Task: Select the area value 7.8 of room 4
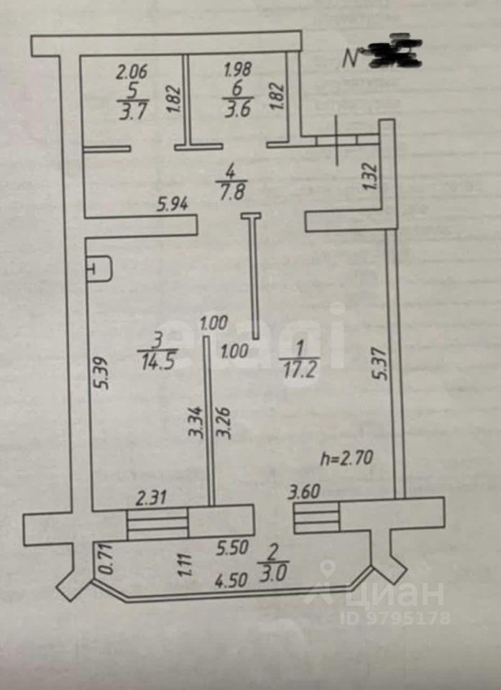click(231, 193)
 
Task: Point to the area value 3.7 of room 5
click(132, 112)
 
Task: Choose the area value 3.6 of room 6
click(236, 111)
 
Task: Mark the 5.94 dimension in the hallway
click(173, 205)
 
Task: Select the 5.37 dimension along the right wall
click(382, 364)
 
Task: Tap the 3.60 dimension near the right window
click(304, 493)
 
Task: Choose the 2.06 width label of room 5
click(132, 71)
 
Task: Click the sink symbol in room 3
click(99, 270)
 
